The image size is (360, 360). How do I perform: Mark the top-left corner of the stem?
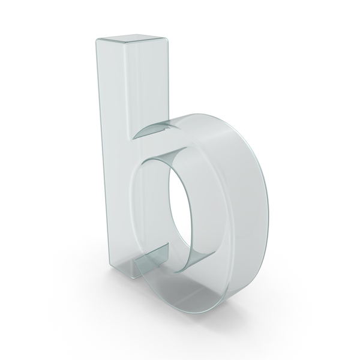96,40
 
